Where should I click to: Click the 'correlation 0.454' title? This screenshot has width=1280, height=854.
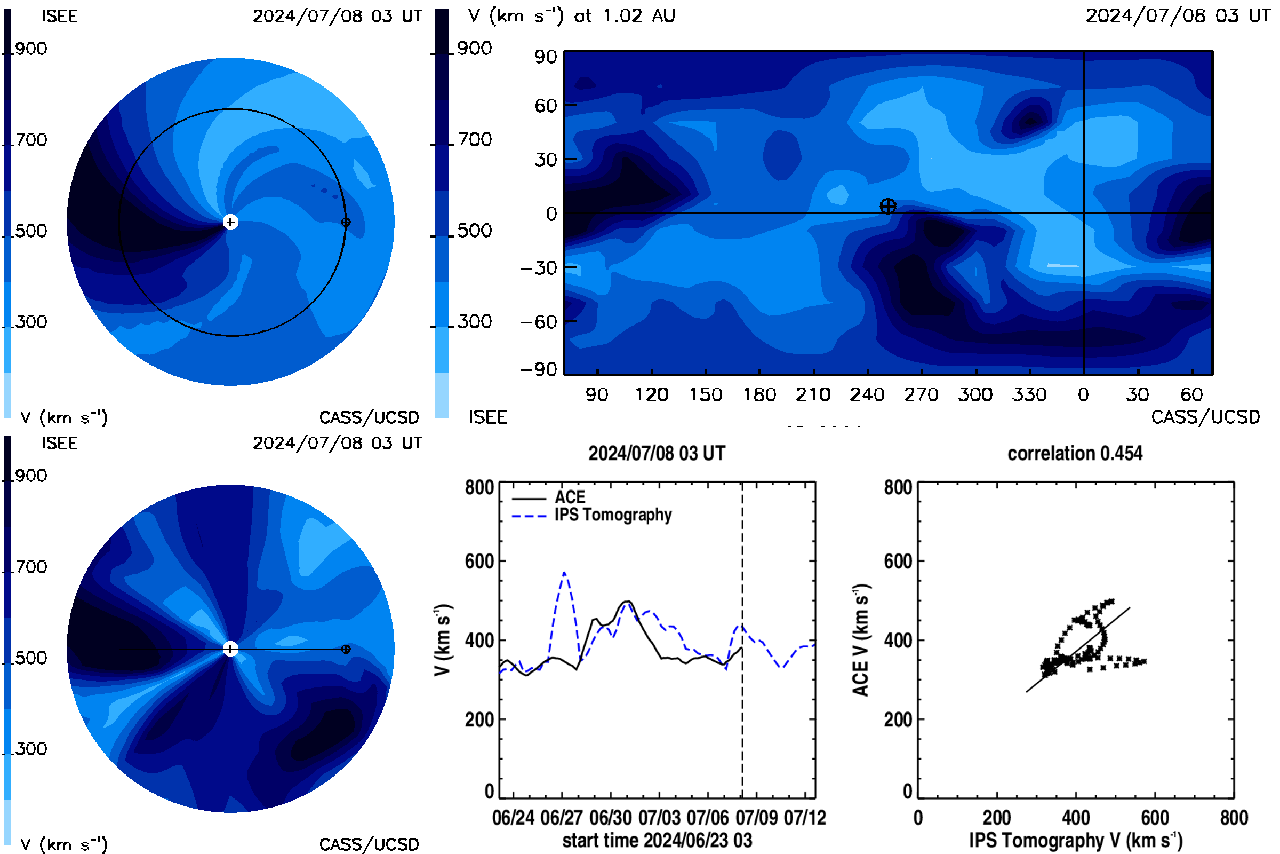click(x=1075, y=454)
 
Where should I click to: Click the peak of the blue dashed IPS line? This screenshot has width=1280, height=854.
click(x=564, y=572)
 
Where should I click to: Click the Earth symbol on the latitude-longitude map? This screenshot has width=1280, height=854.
click(x=888, y=207)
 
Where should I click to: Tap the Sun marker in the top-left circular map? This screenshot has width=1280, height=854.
click(x=231, y=222)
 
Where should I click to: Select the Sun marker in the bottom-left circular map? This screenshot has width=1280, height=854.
click(x=231, y=649)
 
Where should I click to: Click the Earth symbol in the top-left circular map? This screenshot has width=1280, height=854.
click(x=346, y=222)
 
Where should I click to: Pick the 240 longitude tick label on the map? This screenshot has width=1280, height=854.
click(x=868, y=394)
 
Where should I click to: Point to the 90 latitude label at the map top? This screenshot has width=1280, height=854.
click(x=546, y=57)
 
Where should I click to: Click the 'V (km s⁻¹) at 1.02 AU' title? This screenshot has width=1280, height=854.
click(x=572, y=16)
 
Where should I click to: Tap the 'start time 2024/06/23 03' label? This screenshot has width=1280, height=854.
click(x=658, y=840)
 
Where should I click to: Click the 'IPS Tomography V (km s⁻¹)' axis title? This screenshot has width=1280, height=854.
click(x=1076, y=840)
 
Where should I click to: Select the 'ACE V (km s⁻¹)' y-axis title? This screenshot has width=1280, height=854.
click(x=861, y=640)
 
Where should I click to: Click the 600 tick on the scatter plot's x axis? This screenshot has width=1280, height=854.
click(x=1155, y=818)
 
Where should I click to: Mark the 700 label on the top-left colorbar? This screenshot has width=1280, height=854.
click(x=31, y=140)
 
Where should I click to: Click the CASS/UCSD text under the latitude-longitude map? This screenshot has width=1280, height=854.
click(x=1205, y=417)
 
